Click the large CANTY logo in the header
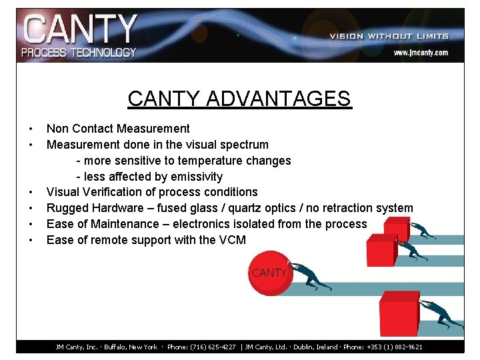tap(80, 29)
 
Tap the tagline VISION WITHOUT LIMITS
tap(389, 36)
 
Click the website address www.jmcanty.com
tap(420, 52)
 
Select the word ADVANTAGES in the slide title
tap(278, 99)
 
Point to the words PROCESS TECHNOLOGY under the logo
tap(79, 52)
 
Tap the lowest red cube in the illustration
tap(398, 314)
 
